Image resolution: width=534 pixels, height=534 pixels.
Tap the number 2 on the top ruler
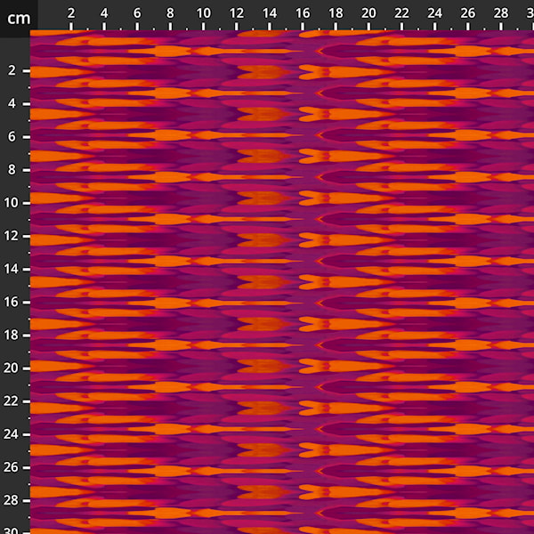tap(71, 13)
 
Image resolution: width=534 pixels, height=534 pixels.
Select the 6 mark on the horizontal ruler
tap(137, 13)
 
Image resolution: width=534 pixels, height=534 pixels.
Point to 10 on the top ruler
tap(204, 13)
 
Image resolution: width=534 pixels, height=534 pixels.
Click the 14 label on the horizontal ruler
tap(270, 13)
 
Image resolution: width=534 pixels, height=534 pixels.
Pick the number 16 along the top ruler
tap(303, 13)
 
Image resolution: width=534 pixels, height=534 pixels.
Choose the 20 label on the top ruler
tap(368, 13)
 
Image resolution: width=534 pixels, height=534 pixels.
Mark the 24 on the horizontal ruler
tap(434, 13)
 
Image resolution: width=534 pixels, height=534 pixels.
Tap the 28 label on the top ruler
tap(501, 13)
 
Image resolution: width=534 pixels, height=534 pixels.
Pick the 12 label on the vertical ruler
tap(12, 236)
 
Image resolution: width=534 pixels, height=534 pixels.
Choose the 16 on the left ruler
tap(12, 302)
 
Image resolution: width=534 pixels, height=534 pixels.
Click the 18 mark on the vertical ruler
tap(12, 335)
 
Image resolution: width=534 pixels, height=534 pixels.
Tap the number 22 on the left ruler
tap(12, 401)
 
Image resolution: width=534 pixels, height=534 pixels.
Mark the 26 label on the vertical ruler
tap(12, 467)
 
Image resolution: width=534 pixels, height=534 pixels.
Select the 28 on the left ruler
tap(12, 500)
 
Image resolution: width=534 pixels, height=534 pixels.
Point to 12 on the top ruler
tap(237, 13)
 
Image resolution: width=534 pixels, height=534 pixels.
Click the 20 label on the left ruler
tap(12, 368)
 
